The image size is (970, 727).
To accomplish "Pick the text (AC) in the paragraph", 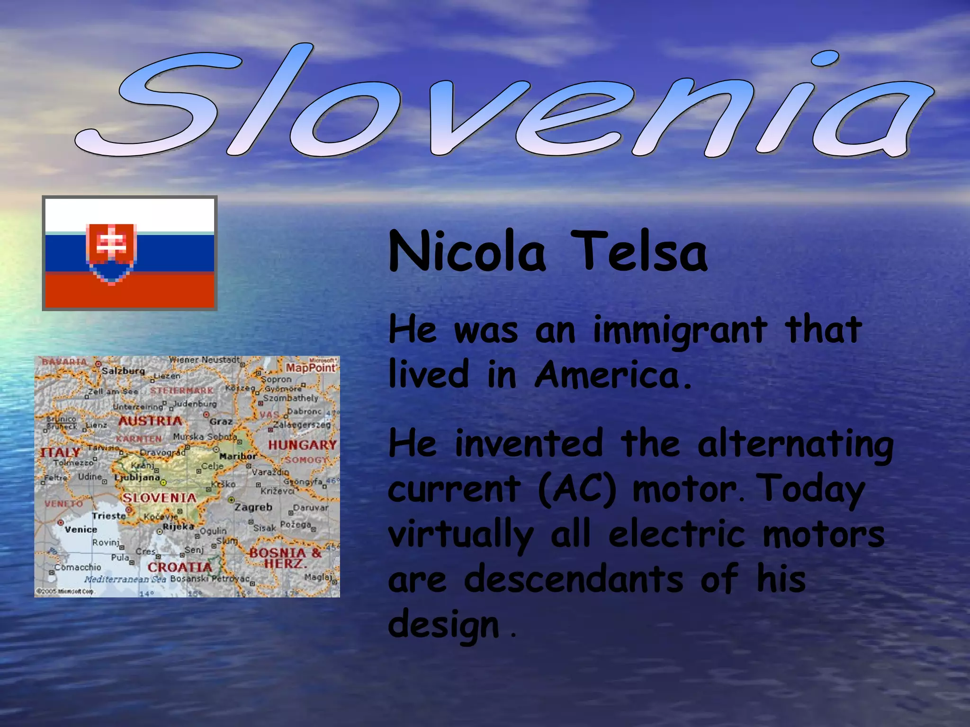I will point(577,489).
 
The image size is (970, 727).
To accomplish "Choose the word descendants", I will point(574,579).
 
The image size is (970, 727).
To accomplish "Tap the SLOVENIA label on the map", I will point(159,498).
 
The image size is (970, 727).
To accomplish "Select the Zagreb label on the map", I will point(253,507).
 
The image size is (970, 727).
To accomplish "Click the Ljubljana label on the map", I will point(137,477).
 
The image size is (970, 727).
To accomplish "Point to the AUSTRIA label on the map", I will point(150,421).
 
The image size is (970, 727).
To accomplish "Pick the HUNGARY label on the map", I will point(302,445).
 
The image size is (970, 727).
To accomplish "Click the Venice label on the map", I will point(81,530).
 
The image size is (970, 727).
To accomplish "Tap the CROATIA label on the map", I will point(180,567).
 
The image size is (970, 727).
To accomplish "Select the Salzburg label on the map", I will point(123,371).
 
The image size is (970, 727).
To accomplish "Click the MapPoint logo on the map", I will point(311,367).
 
